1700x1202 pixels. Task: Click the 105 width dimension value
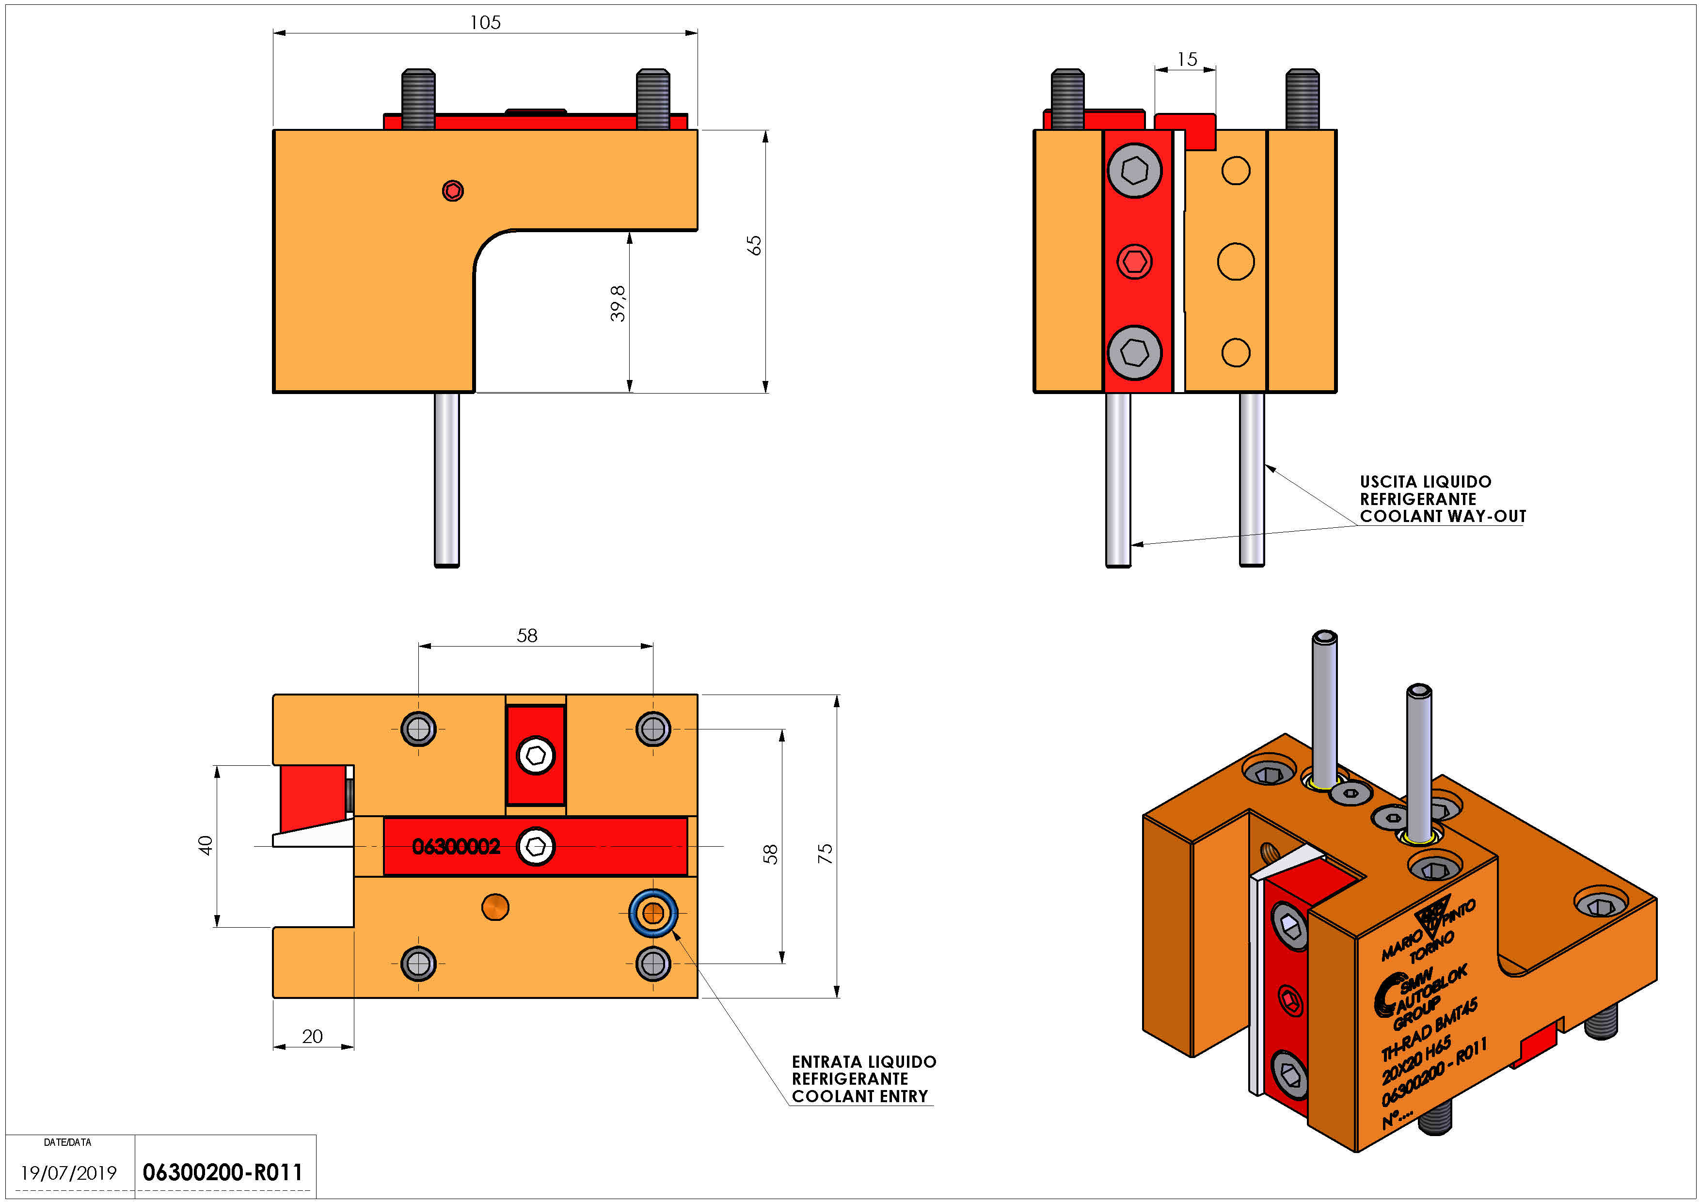[485, 22]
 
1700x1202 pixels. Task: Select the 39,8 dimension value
[618, 303]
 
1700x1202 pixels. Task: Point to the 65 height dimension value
[754, 245]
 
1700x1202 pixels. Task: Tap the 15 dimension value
[1186, 59]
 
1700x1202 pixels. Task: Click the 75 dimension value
[825, 854]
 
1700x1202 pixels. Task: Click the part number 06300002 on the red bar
[456, 846]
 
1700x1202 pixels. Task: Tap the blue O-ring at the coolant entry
[653, 913]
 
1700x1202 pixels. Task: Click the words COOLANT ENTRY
[859, 1096]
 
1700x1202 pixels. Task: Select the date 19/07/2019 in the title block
[68, 1173]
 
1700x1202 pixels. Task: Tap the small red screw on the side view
[452, 191]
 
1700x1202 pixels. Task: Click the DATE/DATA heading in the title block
[67, 1142]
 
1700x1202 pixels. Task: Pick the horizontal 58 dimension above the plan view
[526, 635]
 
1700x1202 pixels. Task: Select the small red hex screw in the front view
[1134, 261]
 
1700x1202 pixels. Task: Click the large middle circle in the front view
[1235, 261]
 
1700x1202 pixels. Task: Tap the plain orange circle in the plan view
[494, 907]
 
